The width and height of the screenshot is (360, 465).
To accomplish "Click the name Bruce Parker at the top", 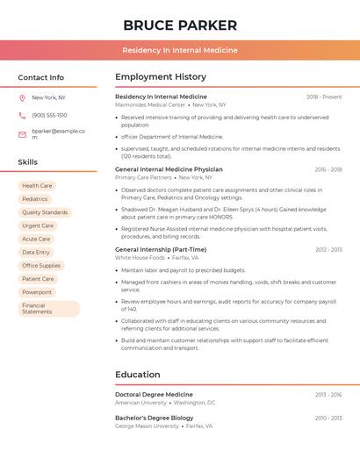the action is pyautogui.click(x=180, y=25).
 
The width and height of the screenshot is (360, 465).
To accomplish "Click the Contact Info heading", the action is pyautogui.click(x=40, y=77).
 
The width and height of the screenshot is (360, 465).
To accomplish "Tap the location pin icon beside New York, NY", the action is pyautogui.click(x=22, y=98).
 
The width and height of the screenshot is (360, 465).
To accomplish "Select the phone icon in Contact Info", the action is pyautogui.click(x=22, y=116).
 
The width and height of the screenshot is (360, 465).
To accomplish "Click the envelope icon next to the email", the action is pyautogui.click(x=22, y=134).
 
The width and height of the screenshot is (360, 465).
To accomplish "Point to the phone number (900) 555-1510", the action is pyautogui.click(x=49, y=116).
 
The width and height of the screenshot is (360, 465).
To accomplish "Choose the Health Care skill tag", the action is pyautogui.click(x=37, y=186).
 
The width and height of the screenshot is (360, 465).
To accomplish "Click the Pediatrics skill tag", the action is pyautogui.click(x=35, y=199).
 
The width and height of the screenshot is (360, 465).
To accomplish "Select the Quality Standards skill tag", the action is pyautogui.click(x=45, y=212).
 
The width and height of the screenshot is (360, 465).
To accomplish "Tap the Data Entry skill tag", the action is pyautogui.click(x=36, y=252).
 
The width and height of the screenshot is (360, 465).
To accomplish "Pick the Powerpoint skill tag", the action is pyautogui.click(x=37, y=292).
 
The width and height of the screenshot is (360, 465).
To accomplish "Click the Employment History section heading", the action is pyautogui.click(x=161, y=77).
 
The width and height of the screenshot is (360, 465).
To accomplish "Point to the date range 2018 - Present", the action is pyautogui.click(x=324, y=97).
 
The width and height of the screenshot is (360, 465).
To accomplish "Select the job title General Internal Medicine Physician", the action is pyautogui.click(x=169, y=169).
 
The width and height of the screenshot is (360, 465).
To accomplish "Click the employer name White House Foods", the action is pyautogui.click(x=140, y=258).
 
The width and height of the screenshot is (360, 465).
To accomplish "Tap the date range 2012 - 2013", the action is pyautogui.click(x=328, y=250).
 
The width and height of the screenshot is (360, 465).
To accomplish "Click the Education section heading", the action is pyautogui.click(x=137, y=375).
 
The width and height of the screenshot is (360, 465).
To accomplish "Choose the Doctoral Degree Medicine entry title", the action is pyautogui.click(x=154, y=395).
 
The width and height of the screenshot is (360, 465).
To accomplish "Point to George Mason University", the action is pyautogui.click(x=147, y=426).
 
